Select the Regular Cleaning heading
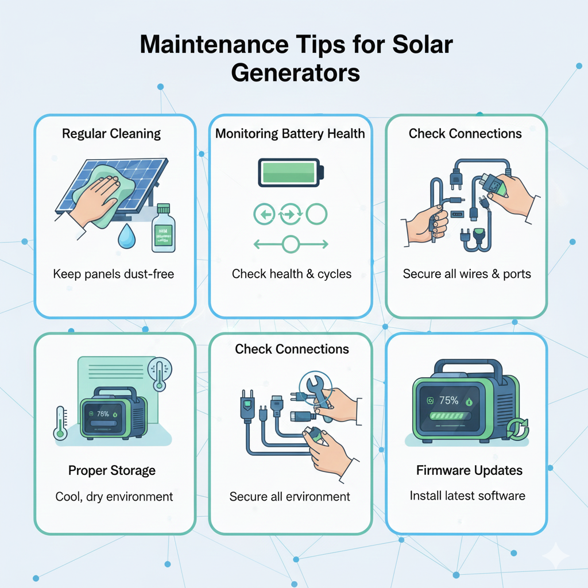tap(111, 134)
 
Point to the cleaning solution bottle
tap(163, 228)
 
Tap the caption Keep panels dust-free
tap(114, 273)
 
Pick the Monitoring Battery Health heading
tap(290, 134)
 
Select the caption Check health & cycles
tap(292, 273)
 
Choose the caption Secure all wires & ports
tap(467, 273)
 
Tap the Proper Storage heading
tap(112, 470)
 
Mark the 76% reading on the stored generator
tap(103, 413)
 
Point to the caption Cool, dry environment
tap(114, 496)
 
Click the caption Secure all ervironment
tap(290, 496)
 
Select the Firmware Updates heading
tap(469, 470)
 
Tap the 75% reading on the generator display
tap(448, 401)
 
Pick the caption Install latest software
tap(467, 495)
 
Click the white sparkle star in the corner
tap(555, 555)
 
